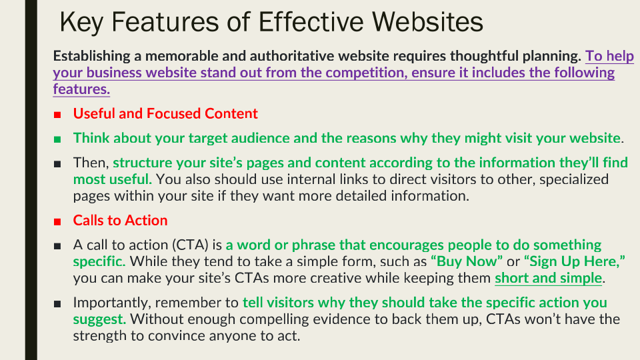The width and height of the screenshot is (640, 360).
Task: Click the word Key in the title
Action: click(81, 23)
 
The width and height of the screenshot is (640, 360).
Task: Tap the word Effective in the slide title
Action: click(311, 21)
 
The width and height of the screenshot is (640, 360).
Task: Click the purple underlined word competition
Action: click(366, 73)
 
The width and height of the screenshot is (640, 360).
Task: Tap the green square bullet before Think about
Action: click(57, 139)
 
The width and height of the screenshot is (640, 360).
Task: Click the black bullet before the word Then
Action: click(57, 164)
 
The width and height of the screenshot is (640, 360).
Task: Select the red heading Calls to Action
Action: click(121, 221)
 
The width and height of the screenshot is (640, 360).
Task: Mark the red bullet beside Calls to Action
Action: click(57, 222)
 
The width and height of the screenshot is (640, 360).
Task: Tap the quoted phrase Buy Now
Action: click(467, 261)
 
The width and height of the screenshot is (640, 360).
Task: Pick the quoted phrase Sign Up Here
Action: click(574, 261)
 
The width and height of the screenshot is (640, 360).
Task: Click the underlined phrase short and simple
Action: click(549, 278)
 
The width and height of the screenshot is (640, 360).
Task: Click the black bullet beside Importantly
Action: click(57, 304)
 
